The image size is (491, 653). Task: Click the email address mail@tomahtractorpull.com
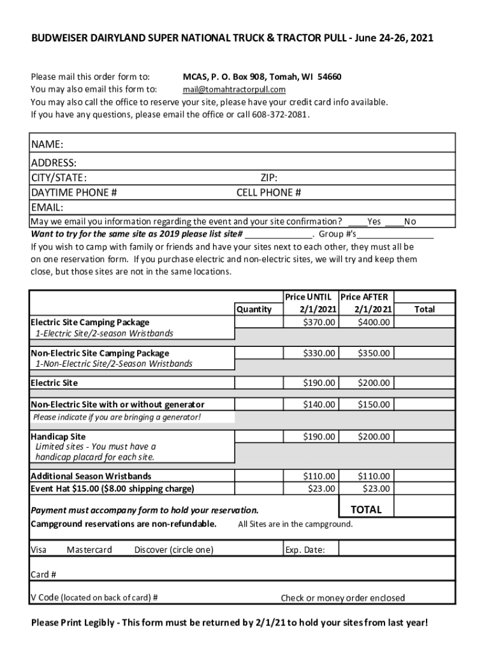click(x=234, y=89)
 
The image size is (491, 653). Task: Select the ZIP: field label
click(x=268, y=178)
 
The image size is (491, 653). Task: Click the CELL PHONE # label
click(x=268, y=193)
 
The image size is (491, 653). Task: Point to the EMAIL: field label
click(x=47, y=207)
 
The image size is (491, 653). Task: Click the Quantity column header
click(x=254, y=309)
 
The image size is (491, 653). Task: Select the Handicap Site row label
click(x=58, y=437)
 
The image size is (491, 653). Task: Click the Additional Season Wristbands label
click(x=91, y=476)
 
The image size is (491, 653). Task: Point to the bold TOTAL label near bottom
click(x=366, y=510)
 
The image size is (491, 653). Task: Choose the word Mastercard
click(x=89, y=550)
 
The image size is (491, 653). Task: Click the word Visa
click(x=39, y=550)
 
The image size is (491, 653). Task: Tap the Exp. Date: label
click(x=305, y=550)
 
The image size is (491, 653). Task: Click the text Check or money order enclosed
click(x=342, y=598)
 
